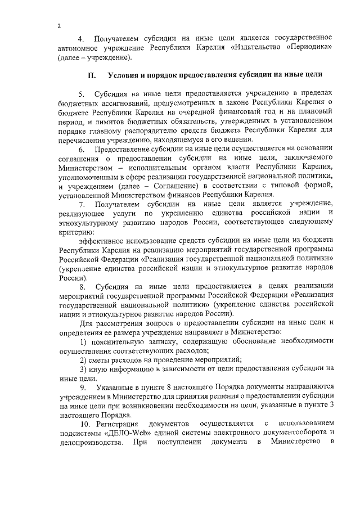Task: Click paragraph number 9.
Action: tap(82, 387)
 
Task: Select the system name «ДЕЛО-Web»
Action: tap(124, 432)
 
